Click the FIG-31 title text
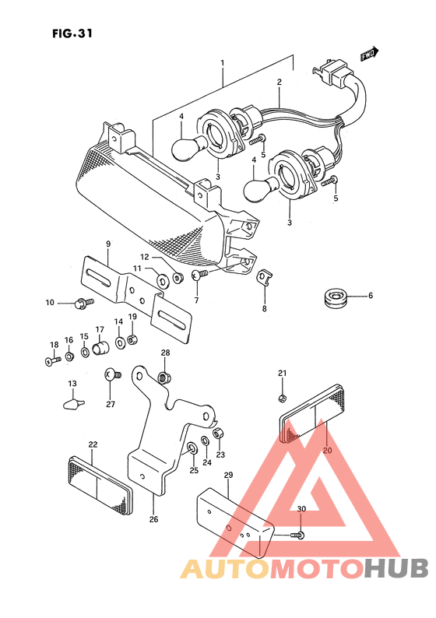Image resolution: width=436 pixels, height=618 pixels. pyautogui.click(x=72, y=33)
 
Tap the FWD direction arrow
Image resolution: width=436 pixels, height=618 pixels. pyautogui.click(x=369, y=54)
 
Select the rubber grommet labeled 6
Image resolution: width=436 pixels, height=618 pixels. pyautogui.click(x=334, y=296)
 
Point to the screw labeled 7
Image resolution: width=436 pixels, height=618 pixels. pyautogui.click(x=200, y=275)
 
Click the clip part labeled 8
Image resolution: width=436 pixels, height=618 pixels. pyautogui.click(x=265, y=276)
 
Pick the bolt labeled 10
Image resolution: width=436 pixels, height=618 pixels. pyautogui.click(x=84, y=303)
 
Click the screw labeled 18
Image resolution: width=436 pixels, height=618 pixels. pyautogui.click(x=53, y=360)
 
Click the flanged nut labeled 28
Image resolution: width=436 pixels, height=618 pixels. pyautogui.click(x=165, y=377)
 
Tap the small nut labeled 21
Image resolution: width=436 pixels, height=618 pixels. pyautogui.click(x=282, y=399)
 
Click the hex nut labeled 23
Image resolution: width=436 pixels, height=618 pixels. pyautogui.click(x=219, y=434)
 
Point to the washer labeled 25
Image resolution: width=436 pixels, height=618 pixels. pyautogui.click(x=193, y=448)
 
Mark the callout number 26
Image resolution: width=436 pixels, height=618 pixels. pyautogui.click(x=153, y=519)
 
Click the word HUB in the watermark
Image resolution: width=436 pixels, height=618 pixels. pyautogui.click(x=396, y=568)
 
